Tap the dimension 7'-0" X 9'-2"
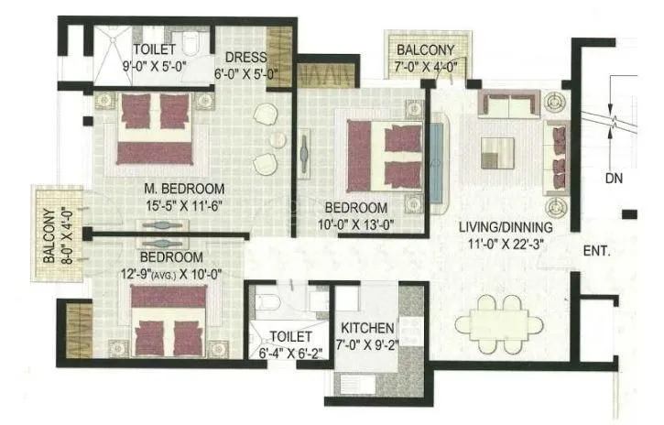(367, 345)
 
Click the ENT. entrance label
(596, 250)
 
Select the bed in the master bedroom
(156, 127)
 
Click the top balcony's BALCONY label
(424, 50)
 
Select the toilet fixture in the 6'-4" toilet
(264, 303)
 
